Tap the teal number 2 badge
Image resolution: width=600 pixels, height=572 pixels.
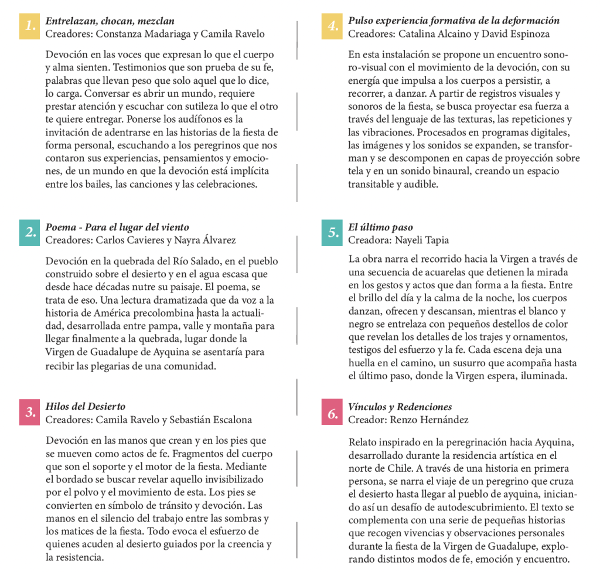pyautogui.click(x=29, y=232)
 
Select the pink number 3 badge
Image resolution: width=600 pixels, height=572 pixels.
pyautogui.click(x=29, y=412)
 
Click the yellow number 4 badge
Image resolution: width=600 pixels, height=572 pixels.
pyautogui.click(x=332, y=26)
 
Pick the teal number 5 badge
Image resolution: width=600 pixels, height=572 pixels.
pyautogui.click(x=332, y=233)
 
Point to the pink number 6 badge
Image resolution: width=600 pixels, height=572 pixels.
pyautogui.click(x=332, y=413)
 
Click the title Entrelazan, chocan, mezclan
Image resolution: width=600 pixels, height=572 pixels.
pyautogui.click(x=110, y=21)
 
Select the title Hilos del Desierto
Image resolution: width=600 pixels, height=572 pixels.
pyautogui.click(x=86, y=406)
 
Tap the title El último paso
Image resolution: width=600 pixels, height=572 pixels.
pyautogui.click(x=380, y=227)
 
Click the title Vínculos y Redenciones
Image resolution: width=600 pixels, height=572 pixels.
pyautogui.click(x=400, y=407)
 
